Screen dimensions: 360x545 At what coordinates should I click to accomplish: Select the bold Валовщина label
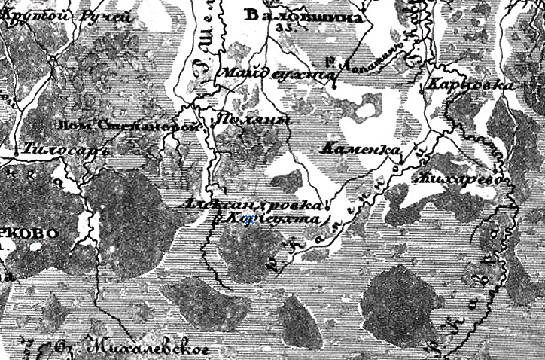(x=304, y=16)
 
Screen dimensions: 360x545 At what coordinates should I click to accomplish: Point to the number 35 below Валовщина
(x=284, y=27)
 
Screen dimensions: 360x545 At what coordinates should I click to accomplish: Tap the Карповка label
(x=469, y=85)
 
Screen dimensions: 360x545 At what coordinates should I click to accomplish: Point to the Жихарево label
(x=461, y=179)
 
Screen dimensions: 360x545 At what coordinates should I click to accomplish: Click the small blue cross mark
(x=241, y=220)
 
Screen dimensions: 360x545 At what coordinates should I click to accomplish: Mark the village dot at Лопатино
(x=333, y=86)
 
